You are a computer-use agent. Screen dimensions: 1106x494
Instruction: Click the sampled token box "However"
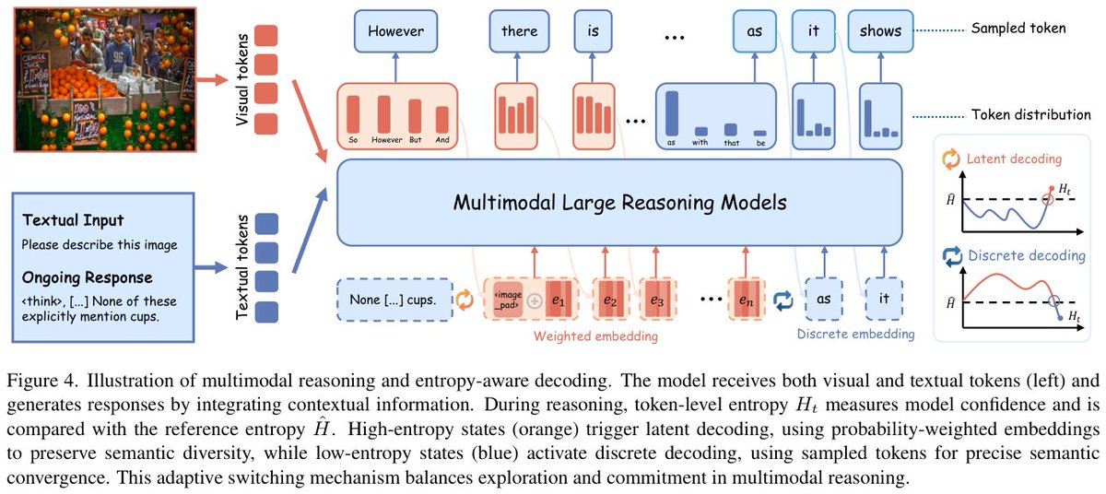(395, 31)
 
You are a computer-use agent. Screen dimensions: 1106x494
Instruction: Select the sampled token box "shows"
(880, 31)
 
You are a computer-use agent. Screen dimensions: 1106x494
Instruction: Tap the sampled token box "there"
(519, 31)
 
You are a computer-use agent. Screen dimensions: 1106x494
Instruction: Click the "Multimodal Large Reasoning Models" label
(619, 203)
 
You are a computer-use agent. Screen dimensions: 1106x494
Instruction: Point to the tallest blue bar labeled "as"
(672, 113)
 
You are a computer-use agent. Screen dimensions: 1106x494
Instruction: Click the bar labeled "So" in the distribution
(353, 114)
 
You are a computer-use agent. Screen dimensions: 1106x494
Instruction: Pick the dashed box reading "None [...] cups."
(394, 300)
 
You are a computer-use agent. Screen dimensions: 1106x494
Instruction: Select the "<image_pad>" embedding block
(508, 300)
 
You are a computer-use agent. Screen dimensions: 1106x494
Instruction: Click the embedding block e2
(611, 300)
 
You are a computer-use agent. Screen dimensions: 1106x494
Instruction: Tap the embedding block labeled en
(746, 300)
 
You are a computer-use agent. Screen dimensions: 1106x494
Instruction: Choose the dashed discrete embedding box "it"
(884, 299)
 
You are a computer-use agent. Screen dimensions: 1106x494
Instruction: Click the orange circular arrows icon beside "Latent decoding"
(951, 159)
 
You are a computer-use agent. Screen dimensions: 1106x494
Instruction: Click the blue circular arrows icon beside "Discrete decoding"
(952, 256)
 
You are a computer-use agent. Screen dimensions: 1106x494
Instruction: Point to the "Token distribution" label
(1031, 115)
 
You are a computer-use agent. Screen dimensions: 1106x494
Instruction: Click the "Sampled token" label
(1018, 29)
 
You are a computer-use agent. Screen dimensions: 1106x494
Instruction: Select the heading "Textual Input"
(73, 220)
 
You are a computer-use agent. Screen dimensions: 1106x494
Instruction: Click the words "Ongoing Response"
(87, 277)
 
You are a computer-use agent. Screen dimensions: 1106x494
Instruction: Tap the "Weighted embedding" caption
(595, 336)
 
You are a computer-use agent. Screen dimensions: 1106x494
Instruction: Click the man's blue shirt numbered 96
(118, 58)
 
